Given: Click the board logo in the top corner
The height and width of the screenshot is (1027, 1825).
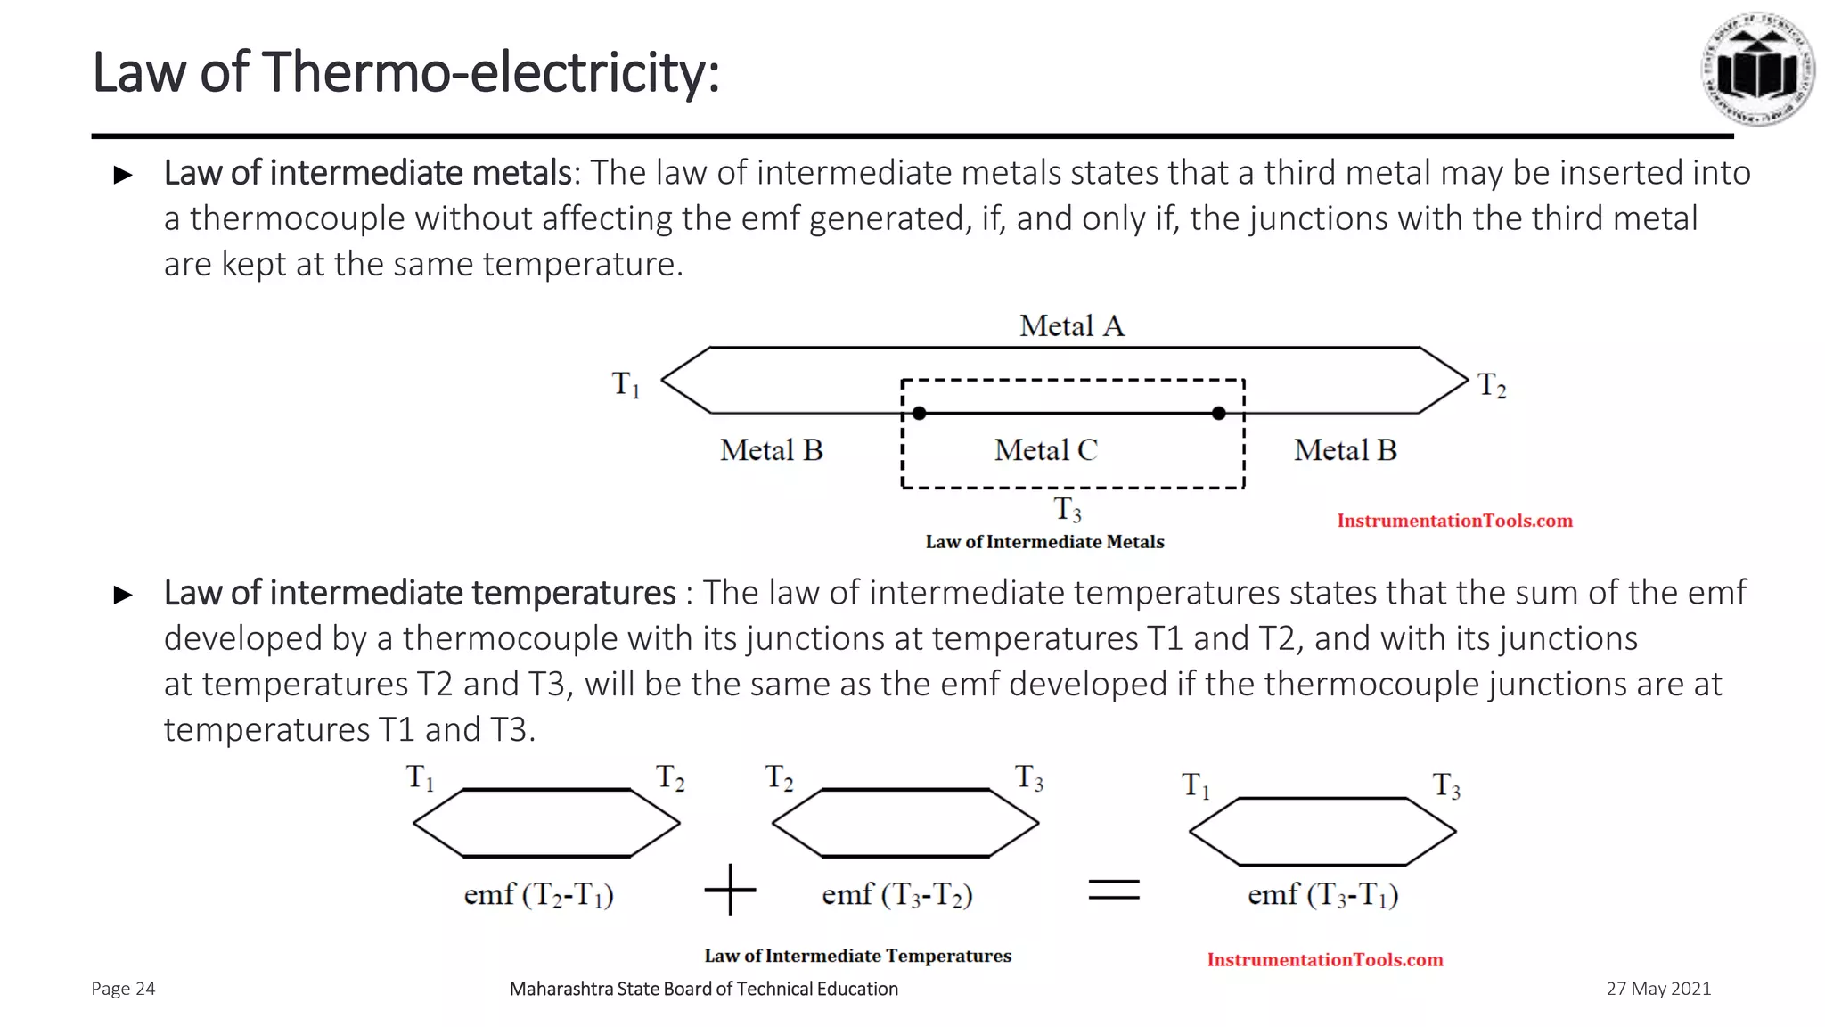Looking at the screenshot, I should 1757,70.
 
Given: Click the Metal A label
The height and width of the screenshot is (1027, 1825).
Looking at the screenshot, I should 1072,326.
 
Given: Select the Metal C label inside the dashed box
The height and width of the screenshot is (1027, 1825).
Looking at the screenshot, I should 1045,450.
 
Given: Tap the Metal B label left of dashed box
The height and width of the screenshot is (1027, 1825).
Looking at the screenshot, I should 771,450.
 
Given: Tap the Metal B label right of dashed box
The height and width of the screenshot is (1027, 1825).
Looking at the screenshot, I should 1345,450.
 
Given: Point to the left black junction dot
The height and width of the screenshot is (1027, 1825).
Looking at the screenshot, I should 920,413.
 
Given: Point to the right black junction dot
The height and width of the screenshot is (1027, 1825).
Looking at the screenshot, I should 1219,413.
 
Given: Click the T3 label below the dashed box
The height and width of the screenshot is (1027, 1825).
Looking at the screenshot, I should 1068,510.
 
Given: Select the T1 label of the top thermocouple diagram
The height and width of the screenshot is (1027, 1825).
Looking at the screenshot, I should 626,384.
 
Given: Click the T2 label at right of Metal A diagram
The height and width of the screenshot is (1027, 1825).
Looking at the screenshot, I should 1491,385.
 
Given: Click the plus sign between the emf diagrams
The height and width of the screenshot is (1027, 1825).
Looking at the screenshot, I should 730,889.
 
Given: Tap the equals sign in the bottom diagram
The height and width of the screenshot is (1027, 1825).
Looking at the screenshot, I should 1114,889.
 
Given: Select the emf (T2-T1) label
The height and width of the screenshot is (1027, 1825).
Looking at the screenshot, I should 538,894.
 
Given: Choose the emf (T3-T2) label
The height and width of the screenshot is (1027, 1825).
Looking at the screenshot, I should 896,894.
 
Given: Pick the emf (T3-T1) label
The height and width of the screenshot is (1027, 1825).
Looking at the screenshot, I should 1322,894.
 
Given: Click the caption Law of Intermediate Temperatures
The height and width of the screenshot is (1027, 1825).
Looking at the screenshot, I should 857,956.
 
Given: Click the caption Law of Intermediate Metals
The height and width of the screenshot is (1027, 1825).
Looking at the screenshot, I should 1044,542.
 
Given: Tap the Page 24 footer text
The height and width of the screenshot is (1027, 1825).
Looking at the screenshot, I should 123,989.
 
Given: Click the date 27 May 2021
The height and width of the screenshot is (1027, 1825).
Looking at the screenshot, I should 1658,989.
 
